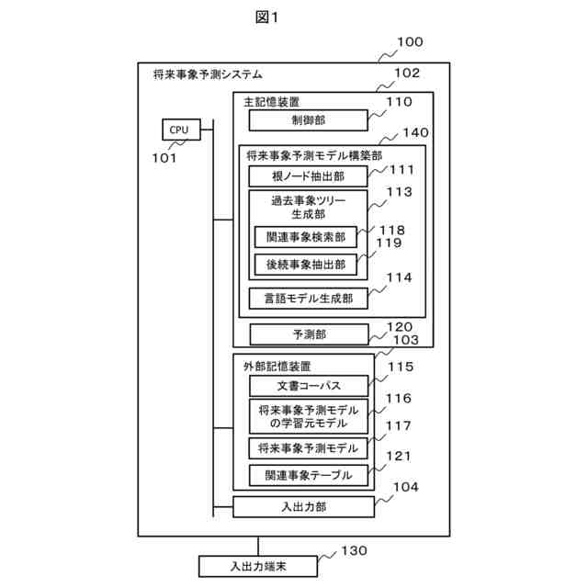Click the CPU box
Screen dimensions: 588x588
point(178,130)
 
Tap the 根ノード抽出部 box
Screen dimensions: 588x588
point(308,176)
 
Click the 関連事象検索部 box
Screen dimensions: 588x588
point(306,236)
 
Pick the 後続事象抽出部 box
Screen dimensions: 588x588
point(306,265)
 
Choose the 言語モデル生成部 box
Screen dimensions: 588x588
point(308,298)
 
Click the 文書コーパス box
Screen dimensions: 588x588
point(308,385)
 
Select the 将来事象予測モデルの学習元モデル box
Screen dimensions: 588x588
point(308,416)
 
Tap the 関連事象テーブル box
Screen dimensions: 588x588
point(308,475)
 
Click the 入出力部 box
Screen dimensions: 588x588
point(303,505)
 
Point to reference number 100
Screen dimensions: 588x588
point(409,41)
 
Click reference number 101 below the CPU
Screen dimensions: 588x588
point(165,157)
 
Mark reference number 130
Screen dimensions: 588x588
point(354,551)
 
